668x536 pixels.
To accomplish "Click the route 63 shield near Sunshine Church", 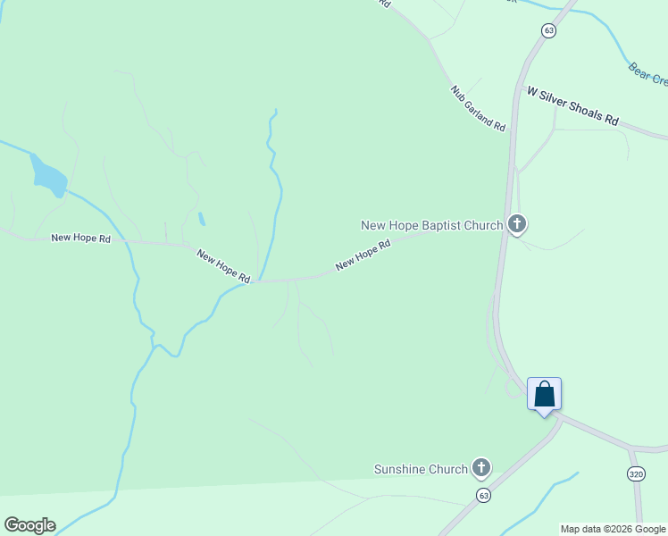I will pyautogui.click(x=483, y=495).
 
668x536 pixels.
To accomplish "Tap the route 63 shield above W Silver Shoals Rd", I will pyautogui.click(x=548, y=30).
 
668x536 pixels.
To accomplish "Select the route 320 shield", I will pyautogui.click(x=636, y=473).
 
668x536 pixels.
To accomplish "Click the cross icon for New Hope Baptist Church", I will pyautogui.click(x=516, y=224).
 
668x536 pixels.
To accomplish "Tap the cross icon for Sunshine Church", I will pyautogui.click(x=481, y=467).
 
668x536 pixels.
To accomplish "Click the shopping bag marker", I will pyautogui.click(x=544, y=395).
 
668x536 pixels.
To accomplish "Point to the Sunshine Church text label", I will pyautogui.click(x=421, y=469).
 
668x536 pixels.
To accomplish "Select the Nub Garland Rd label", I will pyautogui.click(x=479, y=109).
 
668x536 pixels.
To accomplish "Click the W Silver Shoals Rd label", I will pyautogui.click(x=572, y=105).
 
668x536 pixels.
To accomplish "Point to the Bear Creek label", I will pyautogui.click(x=647, y=74).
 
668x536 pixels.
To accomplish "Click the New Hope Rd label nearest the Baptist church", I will pyautogui.click(x=363, y=255).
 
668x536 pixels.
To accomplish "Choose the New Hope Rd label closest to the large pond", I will pyautogui.click(x=80, y=239).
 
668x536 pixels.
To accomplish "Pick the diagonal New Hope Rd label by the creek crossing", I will pyautogui.click(x=223, y=266).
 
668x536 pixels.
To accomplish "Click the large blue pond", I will pyautogui.click(x=47, y=176).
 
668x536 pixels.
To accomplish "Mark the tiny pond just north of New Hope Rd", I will pyautogui.click(x=202, y=219).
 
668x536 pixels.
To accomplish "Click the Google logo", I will pyautogui.click(x=29, y=525).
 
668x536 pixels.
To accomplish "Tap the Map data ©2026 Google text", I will pyautogui.click(x=613, y=529).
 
